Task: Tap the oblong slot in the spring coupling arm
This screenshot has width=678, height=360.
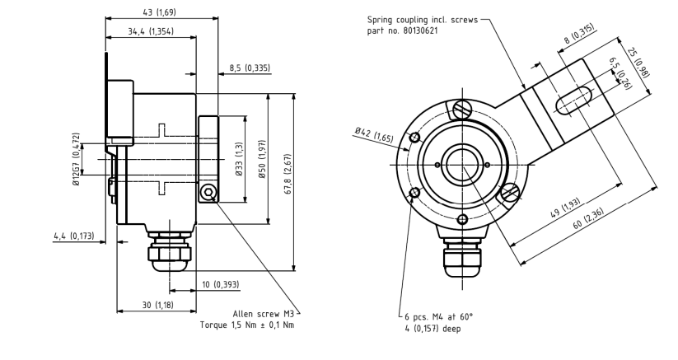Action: click(x=577, y=98)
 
